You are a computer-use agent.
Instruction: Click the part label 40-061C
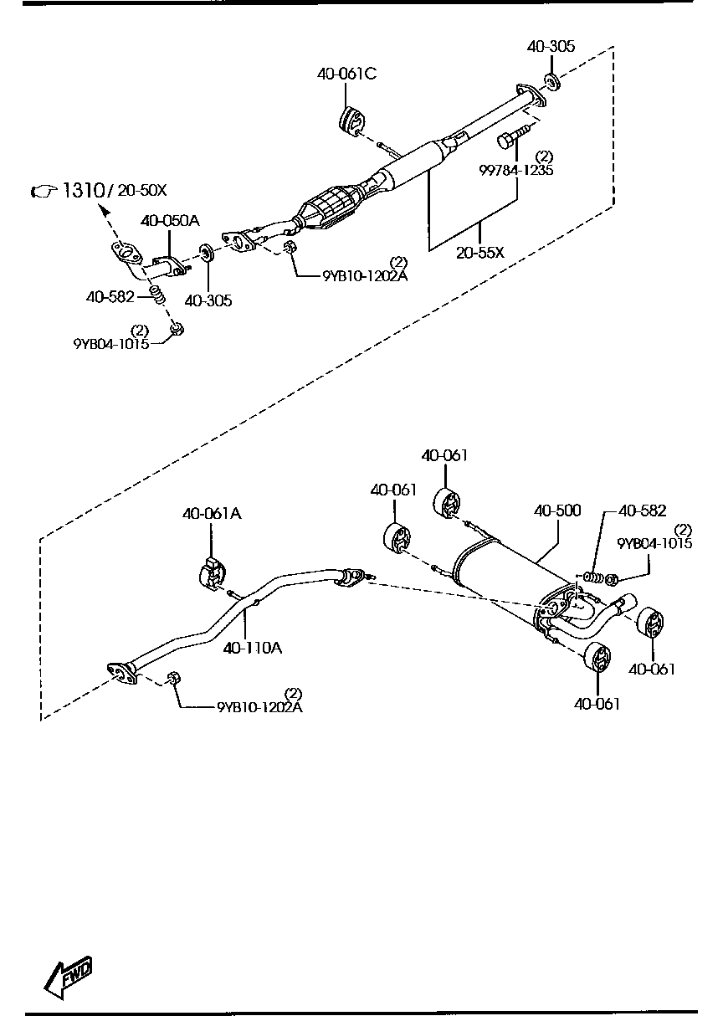point(346,74)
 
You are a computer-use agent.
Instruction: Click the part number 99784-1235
point(515,170)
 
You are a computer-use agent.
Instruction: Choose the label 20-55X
point(480,252)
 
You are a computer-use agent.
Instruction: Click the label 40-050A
point(170,221)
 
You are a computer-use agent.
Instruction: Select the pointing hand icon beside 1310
point(42,192)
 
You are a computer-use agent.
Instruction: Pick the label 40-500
point(557,510)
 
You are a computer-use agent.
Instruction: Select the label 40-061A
point(212,514)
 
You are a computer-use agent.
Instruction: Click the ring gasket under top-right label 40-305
point(551,81)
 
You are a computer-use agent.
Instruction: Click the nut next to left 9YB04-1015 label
point(177,330)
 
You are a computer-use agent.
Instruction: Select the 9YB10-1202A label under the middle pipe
point(259,707)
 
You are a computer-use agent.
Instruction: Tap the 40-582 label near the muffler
point(642,511)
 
